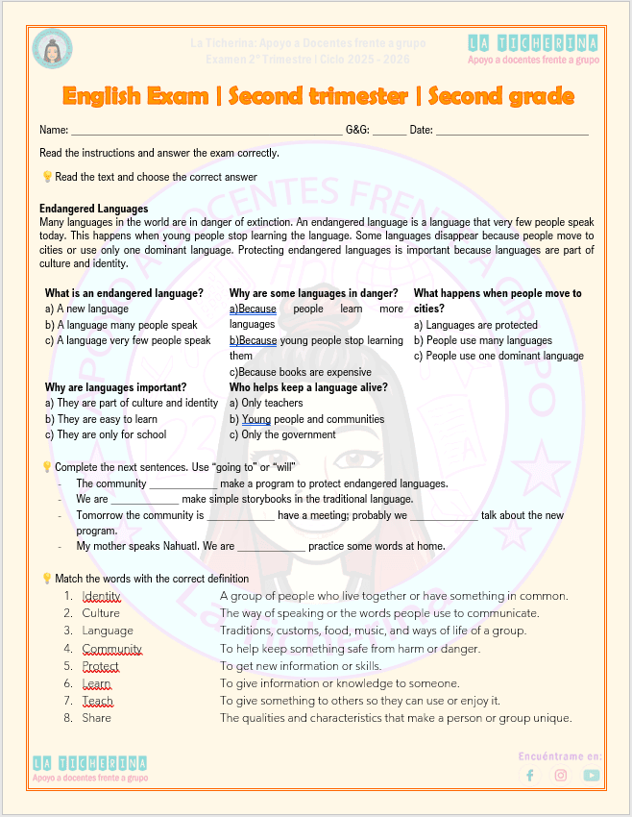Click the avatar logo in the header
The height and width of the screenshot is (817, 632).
(52, 49)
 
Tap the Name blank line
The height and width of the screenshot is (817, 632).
(207, 130)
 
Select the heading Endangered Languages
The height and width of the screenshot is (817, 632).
(94, 209)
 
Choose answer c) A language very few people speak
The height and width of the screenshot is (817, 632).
(128, 340)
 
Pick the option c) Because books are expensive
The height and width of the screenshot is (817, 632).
(300, 372)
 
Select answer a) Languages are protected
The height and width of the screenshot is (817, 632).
(475, 325)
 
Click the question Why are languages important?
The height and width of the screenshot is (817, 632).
(115, 387)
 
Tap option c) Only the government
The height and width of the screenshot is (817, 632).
(282, 434)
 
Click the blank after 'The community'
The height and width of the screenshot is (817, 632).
(183, 484)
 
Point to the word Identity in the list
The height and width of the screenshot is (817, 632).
(101, 596)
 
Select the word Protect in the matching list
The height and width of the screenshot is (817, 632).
(101, 666)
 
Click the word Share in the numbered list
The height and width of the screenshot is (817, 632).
(96, 718)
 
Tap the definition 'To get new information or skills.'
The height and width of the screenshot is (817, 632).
(301, 666)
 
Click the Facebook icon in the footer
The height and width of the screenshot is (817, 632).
(530, 776)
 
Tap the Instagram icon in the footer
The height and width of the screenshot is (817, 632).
(561, 776)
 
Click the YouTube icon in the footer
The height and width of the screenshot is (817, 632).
(592, 776)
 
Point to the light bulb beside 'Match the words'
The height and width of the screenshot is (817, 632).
(46, 579)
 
